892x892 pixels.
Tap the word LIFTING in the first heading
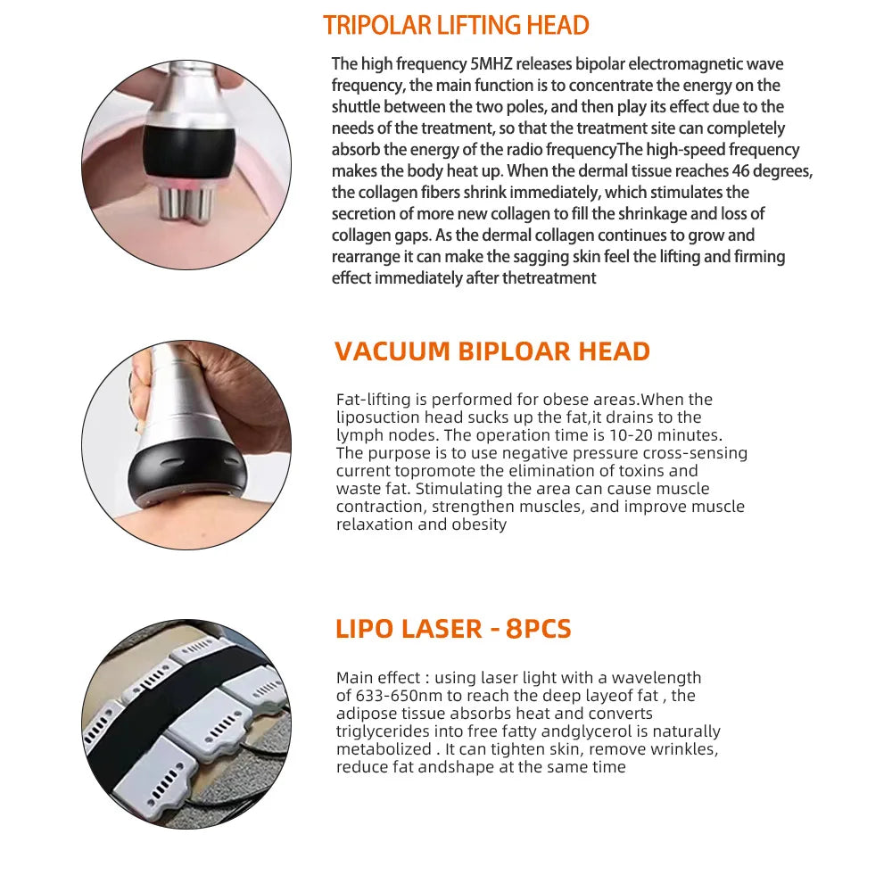click(481, 25)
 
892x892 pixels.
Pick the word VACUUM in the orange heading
click(392, 351)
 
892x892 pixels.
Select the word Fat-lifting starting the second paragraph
click(368, 400)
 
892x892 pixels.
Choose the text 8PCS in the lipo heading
click(538, 629)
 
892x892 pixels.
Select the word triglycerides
click(377, 731)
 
